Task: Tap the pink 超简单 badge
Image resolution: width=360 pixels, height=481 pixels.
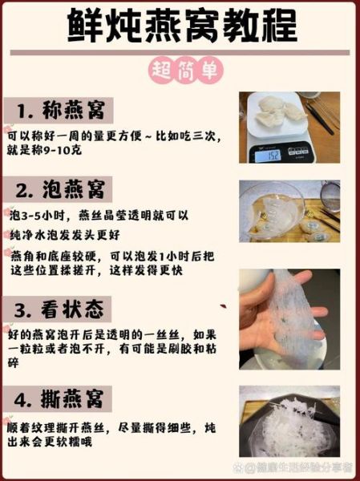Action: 180,71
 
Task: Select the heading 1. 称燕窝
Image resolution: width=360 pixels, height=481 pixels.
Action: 59,110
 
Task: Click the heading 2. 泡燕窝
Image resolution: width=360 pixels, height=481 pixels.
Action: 61,190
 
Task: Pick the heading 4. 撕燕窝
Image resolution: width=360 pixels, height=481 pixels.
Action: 61,398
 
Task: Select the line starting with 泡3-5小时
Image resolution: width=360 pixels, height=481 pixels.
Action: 96,216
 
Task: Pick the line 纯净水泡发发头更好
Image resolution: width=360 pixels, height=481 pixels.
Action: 72,236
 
